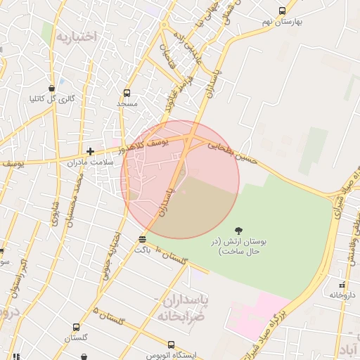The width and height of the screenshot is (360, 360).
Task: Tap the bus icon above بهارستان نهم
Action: tap(283, 11)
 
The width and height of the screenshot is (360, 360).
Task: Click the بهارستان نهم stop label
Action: tap(282, 22)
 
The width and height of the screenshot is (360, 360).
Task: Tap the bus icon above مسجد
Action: tap(127, 93)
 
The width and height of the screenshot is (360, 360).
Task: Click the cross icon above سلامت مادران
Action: tap(90, 151)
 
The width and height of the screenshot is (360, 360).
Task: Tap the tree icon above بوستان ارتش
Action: tap(239, 230)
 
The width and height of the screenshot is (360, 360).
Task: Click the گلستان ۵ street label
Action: tap(112, 318)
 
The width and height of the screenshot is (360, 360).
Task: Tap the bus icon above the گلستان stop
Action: tap(76, 328)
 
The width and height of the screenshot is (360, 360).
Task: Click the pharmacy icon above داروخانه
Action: tap(341, 285)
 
